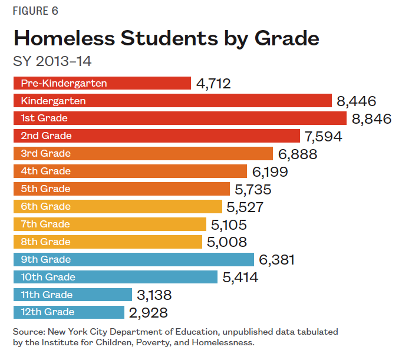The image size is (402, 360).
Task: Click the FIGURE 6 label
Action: tap(35, 11)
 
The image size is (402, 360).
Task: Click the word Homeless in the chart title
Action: tap(62, 38)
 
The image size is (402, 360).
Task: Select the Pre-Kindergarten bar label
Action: tap(64, 83)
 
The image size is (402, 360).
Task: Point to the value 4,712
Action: tap(213, 83)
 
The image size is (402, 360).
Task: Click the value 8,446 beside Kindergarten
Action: tap(356, 101)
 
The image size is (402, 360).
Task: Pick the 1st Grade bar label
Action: tap(44, 118)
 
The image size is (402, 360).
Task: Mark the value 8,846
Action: tap(371, 118)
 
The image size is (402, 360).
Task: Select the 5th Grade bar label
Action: tap(45, 189)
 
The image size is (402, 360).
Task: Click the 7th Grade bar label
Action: tap(45, 224)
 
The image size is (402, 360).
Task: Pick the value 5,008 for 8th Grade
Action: tap(227, 242)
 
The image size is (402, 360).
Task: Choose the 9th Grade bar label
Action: tap(45, 259)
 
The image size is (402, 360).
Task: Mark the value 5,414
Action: tap(240, 277)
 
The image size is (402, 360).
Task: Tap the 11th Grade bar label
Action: tap(47, 295)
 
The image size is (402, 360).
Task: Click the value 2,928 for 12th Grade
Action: tap(148, 312)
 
